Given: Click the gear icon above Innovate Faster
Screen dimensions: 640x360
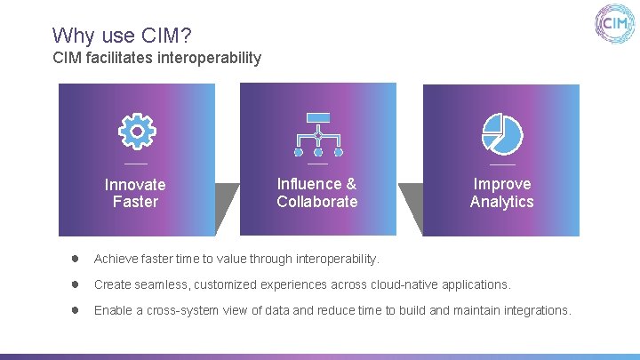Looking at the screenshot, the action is point(137,132).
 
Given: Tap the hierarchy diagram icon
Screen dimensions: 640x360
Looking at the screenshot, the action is point(317,133).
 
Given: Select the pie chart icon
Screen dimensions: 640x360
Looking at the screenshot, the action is point(502,133).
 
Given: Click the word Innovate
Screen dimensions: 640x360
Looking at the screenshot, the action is point(135,185).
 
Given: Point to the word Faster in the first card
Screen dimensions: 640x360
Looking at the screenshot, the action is point(135,202).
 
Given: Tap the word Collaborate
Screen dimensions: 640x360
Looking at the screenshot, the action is point(317,202).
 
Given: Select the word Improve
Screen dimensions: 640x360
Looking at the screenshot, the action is point(502,184).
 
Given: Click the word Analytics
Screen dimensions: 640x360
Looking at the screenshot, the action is point(502,202).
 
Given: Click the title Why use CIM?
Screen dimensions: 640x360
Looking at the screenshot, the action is point(122,36).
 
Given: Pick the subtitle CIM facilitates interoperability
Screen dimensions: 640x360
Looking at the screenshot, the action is point(157,58).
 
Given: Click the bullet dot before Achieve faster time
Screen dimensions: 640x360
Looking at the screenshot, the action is point(76,259).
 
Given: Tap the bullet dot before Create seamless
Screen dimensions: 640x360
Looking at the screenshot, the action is point(76,284).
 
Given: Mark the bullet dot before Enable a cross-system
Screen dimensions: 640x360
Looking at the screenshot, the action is point(76,310).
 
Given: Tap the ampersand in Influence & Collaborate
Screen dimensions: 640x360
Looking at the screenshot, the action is point(351,184).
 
